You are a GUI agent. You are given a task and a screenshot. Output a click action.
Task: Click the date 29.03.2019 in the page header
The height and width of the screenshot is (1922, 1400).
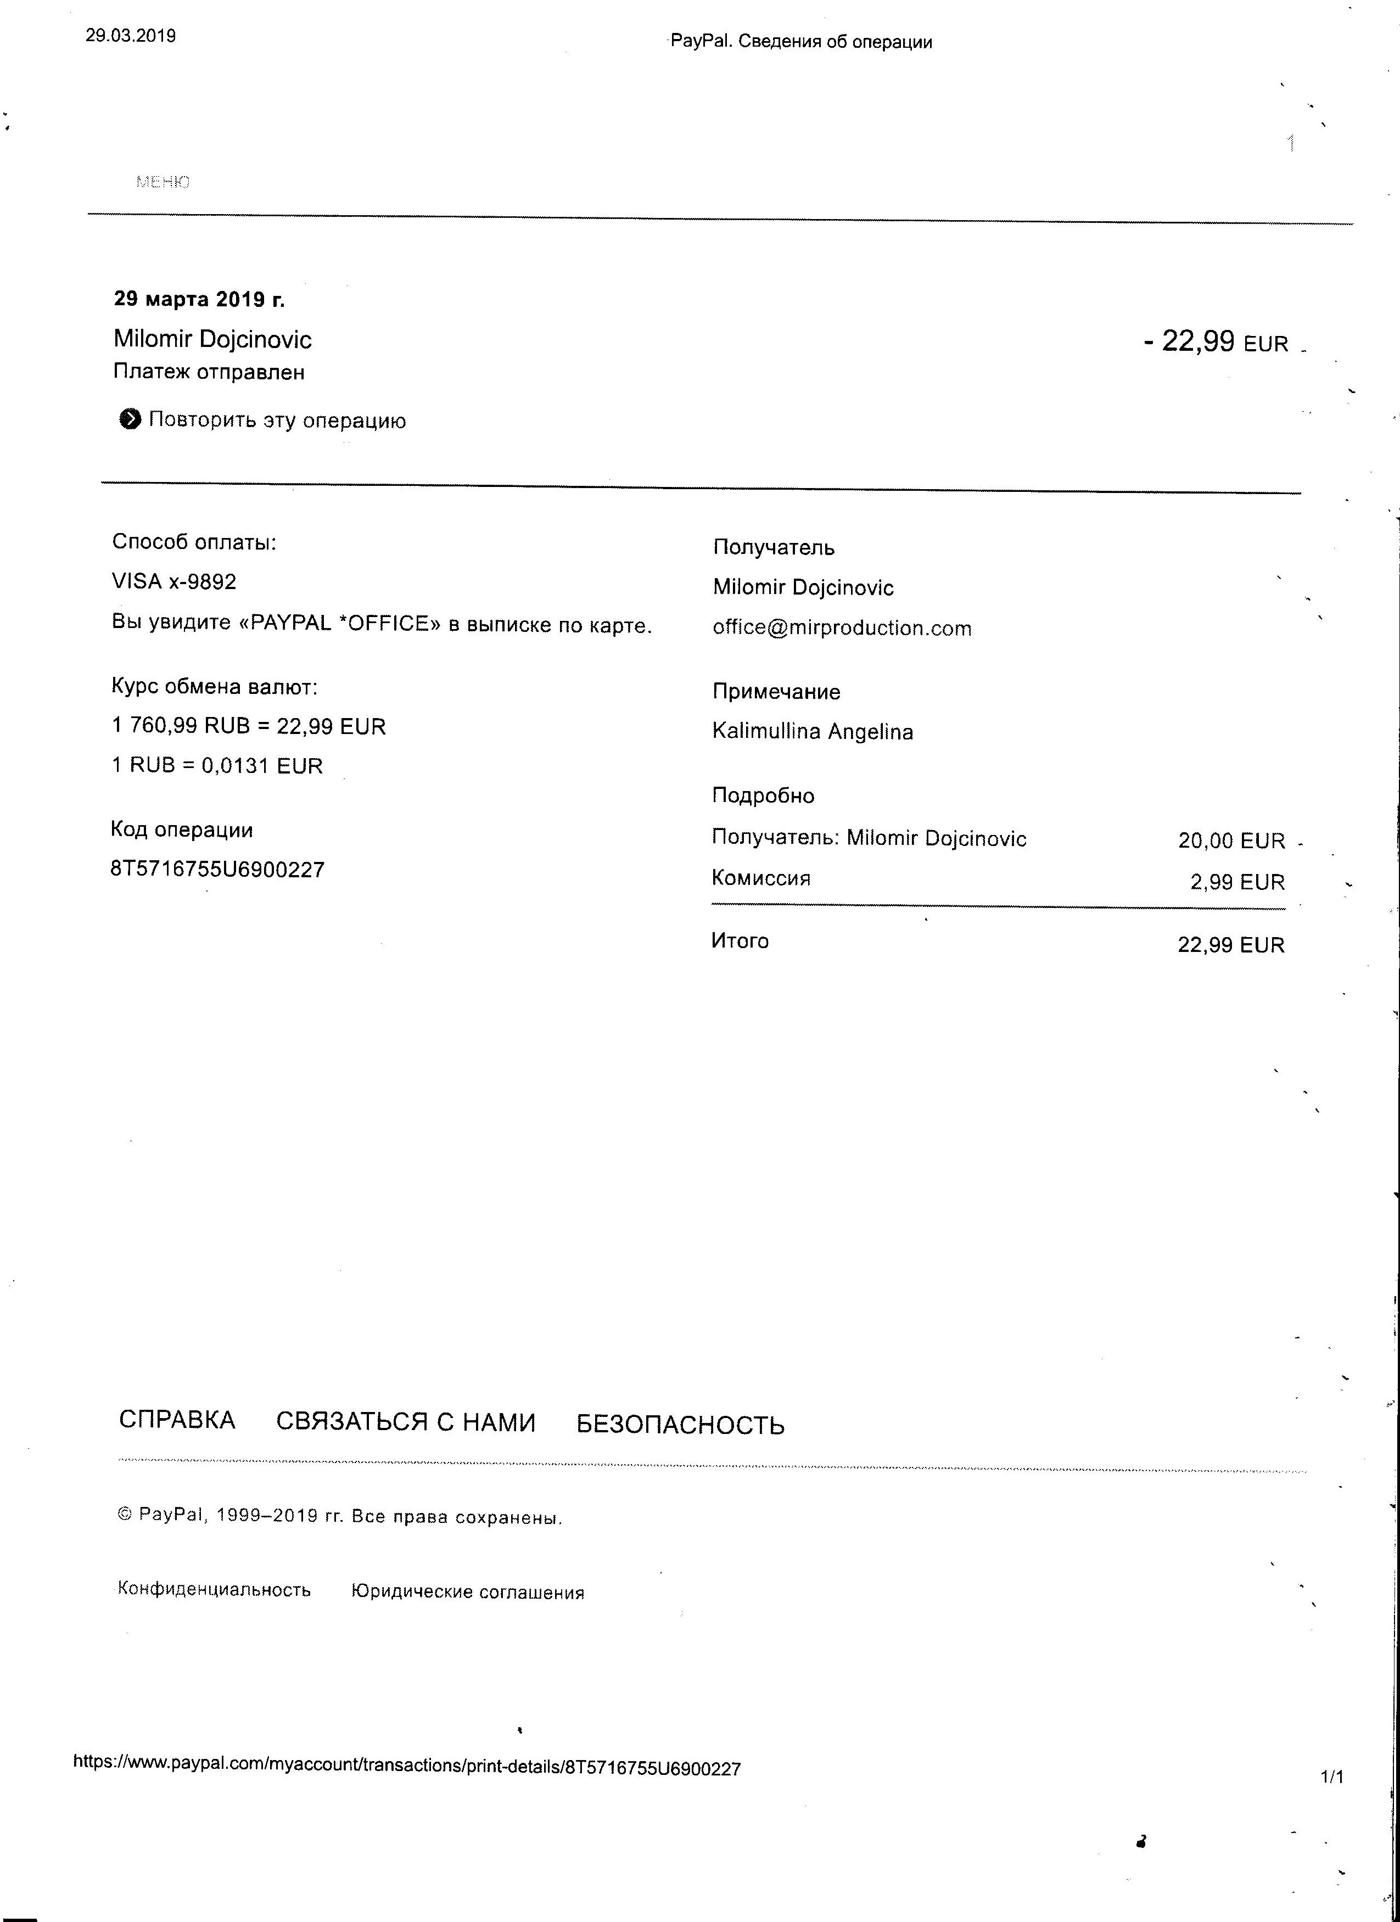[131, 36]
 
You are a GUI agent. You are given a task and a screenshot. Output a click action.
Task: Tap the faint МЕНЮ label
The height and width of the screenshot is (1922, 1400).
[163, 181]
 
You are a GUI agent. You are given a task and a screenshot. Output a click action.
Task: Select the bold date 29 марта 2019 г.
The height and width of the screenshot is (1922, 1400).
[199, 299]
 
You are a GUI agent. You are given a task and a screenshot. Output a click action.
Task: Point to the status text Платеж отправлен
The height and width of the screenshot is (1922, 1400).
[209, 372]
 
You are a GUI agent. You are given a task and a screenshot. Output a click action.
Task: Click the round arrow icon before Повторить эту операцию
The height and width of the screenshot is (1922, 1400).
[130, 419]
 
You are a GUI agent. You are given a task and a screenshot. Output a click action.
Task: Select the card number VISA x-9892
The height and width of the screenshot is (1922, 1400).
[173, 581]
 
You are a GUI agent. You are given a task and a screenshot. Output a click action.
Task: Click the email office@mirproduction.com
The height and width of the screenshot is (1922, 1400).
[842, 628]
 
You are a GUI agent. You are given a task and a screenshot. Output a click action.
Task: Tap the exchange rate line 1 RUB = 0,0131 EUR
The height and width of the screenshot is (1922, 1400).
[217, 765]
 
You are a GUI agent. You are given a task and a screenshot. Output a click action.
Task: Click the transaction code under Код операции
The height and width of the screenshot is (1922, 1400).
[217, 870]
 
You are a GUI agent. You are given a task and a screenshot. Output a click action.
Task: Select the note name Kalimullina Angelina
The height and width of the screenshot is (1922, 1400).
[812, 731]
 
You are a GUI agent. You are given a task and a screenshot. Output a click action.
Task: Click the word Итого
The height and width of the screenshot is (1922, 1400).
[740, 940]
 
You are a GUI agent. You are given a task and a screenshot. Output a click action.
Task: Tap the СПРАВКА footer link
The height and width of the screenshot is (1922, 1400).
[177, 1420]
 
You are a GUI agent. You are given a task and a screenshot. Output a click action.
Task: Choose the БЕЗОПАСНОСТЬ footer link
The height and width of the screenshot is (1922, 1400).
[680, 1425]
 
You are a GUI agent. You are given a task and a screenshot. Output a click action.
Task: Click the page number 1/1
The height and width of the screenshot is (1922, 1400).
[1331, 1777]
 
